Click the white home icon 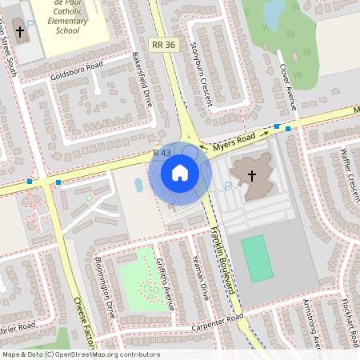[179, 173]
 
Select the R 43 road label [161, 153]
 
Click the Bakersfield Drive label [142, 81]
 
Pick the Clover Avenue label [286, 87]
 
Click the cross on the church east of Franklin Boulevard [250, 176]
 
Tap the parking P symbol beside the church [226, 186]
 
